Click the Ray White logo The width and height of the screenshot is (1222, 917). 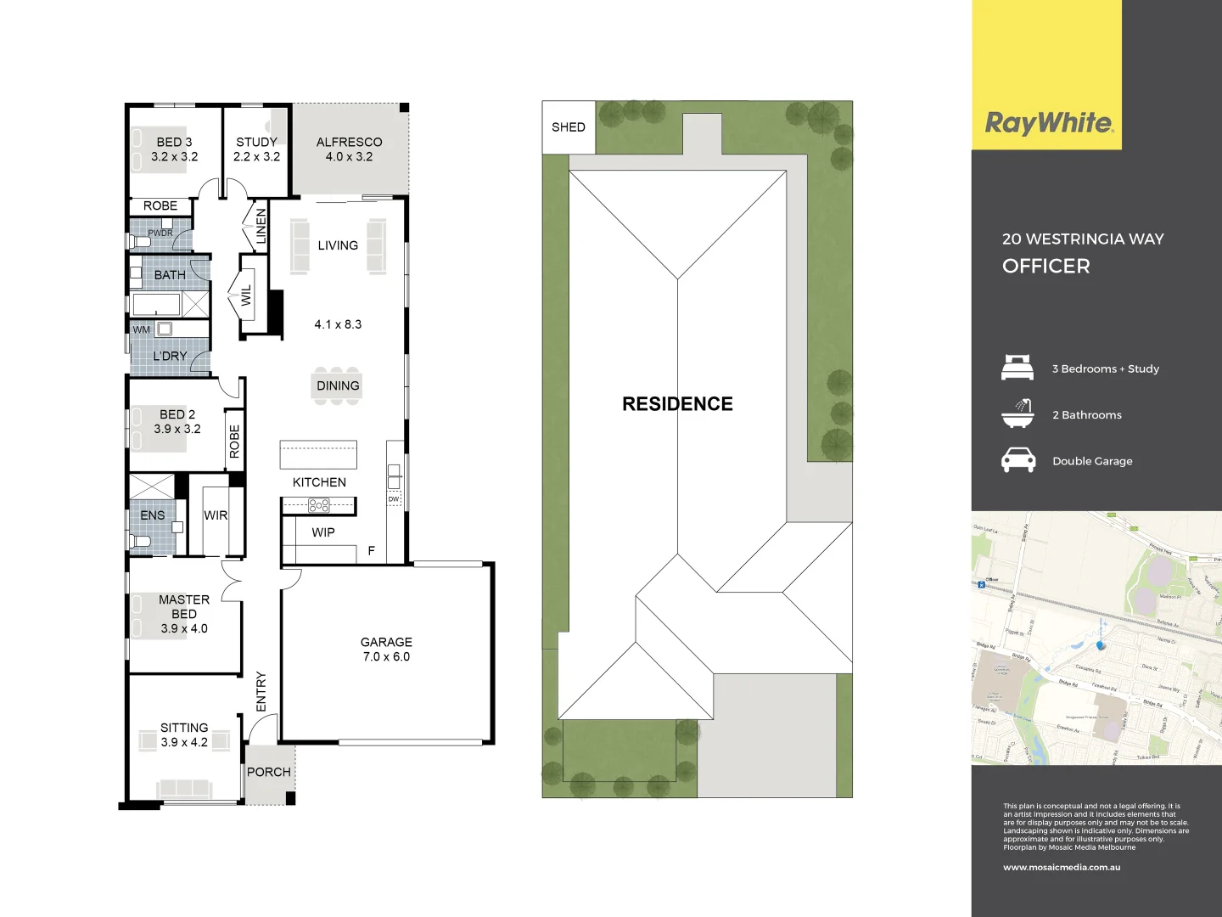coord(1048,124)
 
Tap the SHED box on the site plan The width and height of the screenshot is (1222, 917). coord(569,127)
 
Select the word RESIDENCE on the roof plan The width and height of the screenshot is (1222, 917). coord(677,404)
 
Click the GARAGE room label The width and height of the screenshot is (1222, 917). coord(386,643)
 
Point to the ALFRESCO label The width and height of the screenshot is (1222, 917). coord(349,143)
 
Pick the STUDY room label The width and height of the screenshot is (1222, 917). coord(256,143)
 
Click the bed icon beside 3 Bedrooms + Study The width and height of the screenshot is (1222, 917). coord(1017,368)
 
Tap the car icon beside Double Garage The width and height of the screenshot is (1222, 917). coord(1018,460)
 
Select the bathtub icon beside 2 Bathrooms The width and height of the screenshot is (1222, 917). coord(1017,413)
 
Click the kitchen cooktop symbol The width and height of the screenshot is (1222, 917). coord(319,506)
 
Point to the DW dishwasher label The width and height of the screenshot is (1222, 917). coord(394,499)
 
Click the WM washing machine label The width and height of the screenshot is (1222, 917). coord(141,329)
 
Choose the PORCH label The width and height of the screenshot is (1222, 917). coord(268,772)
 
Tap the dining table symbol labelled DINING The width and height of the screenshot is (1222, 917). coord(338,385)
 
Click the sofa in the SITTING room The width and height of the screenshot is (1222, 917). coord(184,789)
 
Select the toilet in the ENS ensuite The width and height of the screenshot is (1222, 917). coord(141,541)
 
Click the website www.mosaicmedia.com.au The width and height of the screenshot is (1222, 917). coord(1062,868)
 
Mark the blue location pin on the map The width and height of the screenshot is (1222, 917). coord(1101,645)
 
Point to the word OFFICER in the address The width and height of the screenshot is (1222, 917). coord(1045,267)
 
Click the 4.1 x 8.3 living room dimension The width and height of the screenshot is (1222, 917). coord(338,324)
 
